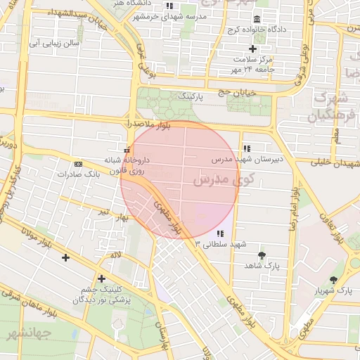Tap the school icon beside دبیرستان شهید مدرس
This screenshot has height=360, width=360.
[246, 148]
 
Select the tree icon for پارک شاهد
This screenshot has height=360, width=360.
[262, 255]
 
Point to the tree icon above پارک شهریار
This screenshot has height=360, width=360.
[333, 280]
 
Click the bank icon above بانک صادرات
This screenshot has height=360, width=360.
[78, 163]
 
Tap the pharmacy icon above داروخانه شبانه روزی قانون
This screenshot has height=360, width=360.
[127, 149]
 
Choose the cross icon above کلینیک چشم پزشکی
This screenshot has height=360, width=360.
[101, 278]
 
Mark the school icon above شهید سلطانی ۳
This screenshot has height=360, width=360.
[220, 233]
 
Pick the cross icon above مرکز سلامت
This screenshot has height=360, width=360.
[252, 48]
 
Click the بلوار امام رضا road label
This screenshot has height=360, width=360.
[296, 211]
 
